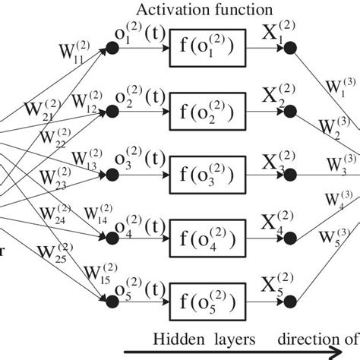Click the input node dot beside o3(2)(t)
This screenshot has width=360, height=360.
pos(113,173)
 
